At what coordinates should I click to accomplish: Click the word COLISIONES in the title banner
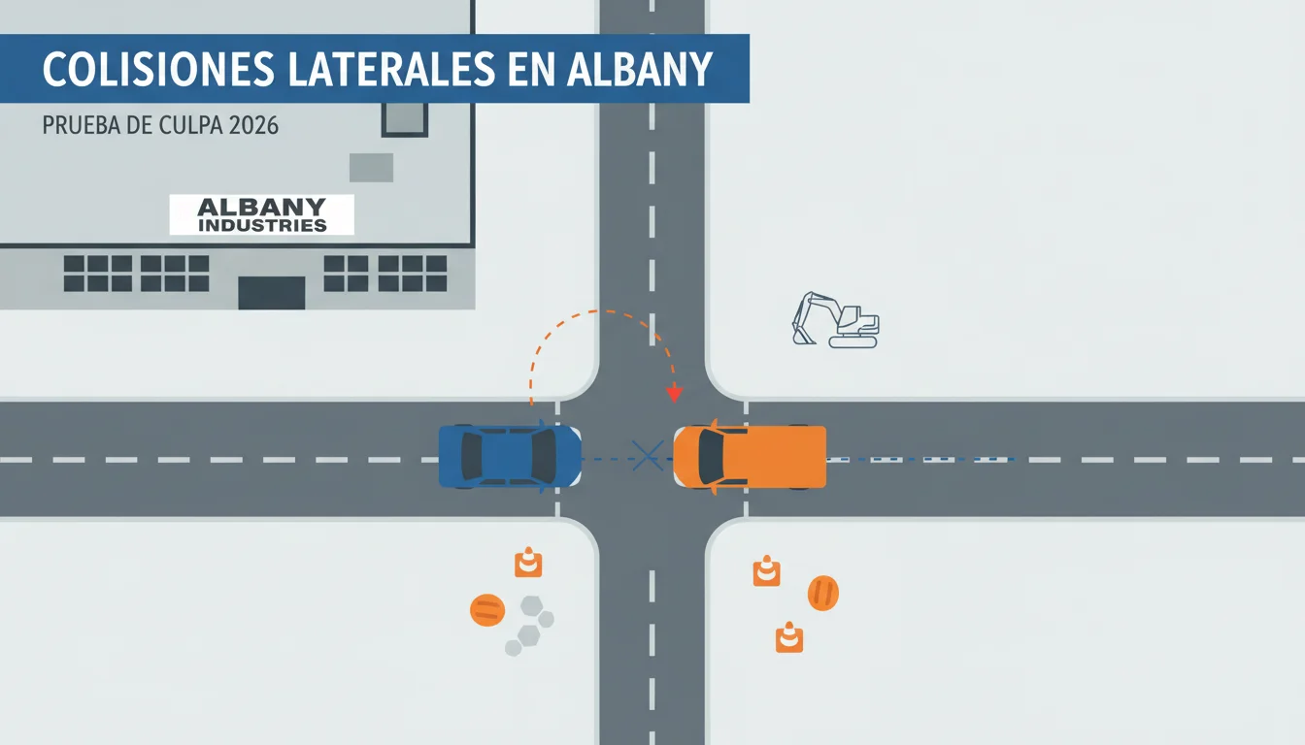(x=158, y=69)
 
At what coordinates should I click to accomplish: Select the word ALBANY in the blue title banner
(x=640, y=69)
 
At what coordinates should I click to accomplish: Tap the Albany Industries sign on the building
(x=261, y=214)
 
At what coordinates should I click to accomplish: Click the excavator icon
(x=835, y=320)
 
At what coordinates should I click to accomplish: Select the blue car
(x=510, y=456)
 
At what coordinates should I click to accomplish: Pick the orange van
(x=750, y=457)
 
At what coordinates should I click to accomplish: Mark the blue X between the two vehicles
(x=648, y=455)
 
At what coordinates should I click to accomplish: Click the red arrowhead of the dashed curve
(x=674, y=394)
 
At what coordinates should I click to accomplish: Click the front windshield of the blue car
(x=544, y=456)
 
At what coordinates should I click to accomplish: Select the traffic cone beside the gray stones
(x=528, y=563)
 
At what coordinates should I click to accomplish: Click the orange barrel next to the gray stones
(x=487, y=610)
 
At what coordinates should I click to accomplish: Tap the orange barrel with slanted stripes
(x=823, y=593)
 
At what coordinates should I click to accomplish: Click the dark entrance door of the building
(x=272, y=293)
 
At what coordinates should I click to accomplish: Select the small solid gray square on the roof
(x=371, y=168)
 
